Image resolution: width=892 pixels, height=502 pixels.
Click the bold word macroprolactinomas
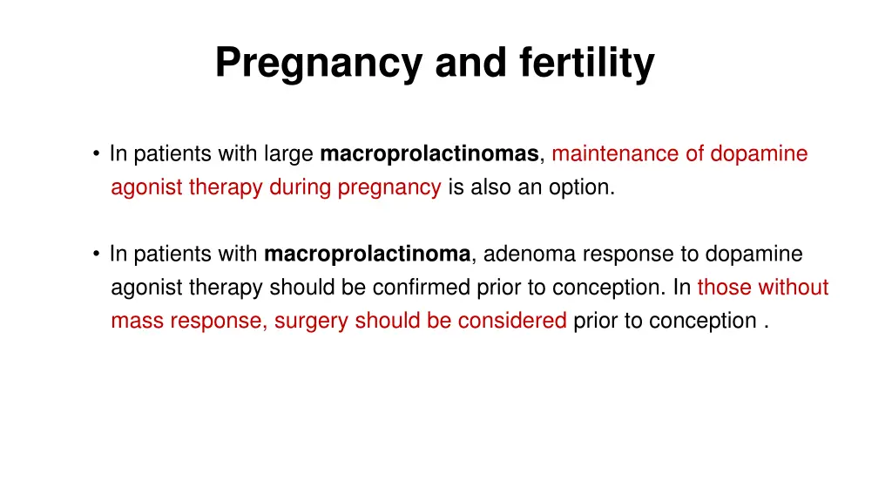429,154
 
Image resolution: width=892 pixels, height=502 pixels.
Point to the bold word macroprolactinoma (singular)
368,254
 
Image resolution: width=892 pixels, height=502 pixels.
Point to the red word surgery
303,321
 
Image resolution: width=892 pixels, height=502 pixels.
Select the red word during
302,187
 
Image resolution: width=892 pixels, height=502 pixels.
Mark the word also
491,187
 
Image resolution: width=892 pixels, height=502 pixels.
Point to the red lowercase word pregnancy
389,188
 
